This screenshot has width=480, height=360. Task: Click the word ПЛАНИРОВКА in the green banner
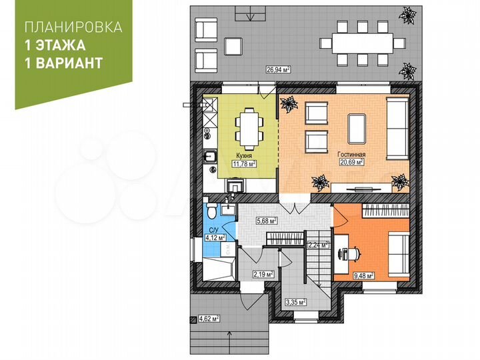(73, 28)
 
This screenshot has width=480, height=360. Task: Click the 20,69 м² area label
(351, 162)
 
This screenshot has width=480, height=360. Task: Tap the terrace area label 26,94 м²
(277, 69)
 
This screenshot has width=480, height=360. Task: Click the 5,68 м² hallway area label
(267, 221)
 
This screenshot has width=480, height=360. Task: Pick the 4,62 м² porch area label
(209, 319)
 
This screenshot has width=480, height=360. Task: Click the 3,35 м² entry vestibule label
(295, 302)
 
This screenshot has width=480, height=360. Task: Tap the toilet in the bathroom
(211, 212)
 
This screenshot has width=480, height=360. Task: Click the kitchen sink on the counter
(209, 157)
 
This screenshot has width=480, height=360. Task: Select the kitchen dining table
(248, 127)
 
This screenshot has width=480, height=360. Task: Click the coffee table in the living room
(357, 127)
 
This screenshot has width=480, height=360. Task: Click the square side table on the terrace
(233, 45)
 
